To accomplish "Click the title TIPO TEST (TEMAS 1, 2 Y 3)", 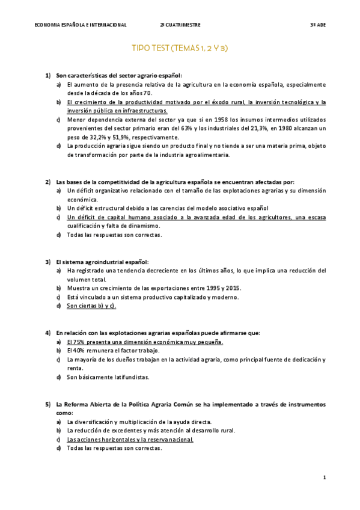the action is (x=180, y=48).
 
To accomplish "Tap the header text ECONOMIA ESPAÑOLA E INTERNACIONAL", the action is (x=81, y=25).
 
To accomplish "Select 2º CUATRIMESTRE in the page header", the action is (x=180, y=25).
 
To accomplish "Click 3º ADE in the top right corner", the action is (x=317, y=25).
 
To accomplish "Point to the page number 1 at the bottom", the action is (x=324, y=478).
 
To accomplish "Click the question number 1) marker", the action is (x=47, y=76).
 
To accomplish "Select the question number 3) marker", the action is (x=47, y=262).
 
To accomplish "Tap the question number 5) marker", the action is (x=47, y=404).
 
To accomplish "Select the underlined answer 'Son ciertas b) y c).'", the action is (x=91, y=306).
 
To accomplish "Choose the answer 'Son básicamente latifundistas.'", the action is (x=108, y=377).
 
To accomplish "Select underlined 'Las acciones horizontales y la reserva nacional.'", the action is (x=130, y=440).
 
